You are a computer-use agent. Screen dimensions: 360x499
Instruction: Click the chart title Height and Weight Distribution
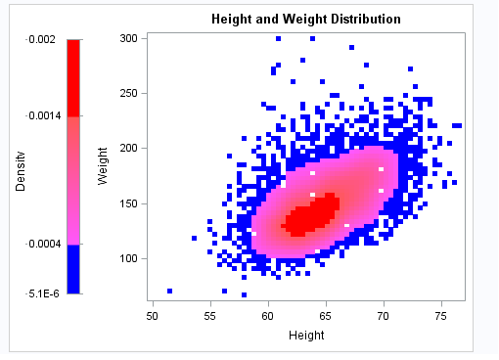(x=305, y=19)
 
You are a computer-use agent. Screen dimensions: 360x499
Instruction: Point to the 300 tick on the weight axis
(x=128, y=38)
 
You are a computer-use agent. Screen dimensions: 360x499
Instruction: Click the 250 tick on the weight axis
(x=128, y=93)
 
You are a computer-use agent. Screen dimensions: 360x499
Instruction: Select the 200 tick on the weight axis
(x=128, y=149)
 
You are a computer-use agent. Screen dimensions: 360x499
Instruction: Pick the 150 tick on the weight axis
(x=128, y=203)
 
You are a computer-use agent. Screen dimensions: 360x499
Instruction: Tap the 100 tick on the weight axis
(x=128, y=258)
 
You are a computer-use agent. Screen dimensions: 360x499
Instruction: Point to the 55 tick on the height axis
(x=210, y=316)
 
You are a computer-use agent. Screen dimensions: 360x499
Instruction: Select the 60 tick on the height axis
(x=268, y=316)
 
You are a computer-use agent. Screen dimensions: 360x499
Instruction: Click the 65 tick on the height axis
(x=326, y=316)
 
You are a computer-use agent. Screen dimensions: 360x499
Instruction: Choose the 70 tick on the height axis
(x=384, y=316)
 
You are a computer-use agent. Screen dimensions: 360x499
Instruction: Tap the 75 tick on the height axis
(x=441, y=316)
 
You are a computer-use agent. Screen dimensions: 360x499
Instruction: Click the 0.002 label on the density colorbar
(x=41, y=38)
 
